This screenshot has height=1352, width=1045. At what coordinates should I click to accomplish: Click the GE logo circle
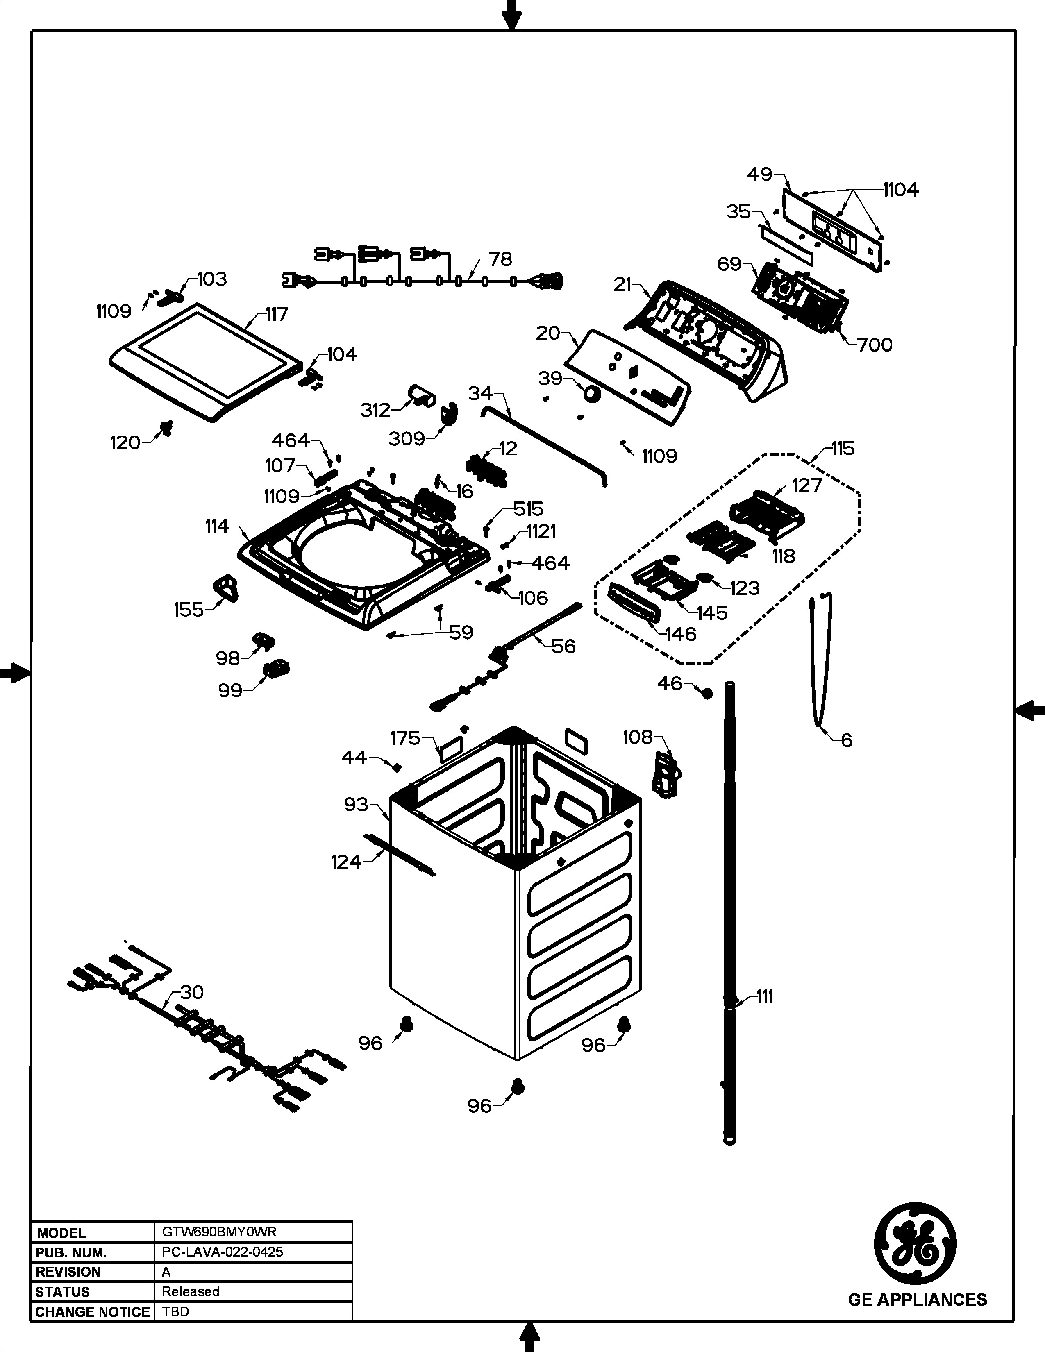click(915, 1244)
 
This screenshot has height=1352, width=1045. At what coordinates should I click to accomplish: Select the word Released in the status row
click(191, 1291)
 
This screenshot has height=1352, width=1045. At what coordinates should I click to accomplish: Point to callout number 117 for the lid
click(277, 315)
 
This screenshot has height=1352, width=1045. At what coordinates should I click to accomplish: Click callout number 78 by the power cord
click(500, 259)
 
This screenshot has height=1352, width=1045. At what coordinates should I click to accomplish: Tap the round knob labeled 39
click(592, 394)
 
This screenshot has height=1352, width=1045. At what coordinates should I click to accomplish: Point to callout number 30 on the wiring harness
click(191, 992)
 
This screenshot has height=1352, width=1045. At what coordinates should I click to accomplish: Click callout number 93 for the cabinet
click(356, 805)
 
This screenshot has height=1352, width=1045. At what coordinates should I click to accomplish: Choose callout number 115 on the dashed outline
click(843, 448)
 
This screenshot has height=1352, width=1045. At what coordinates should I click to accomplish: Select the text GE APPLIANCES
click(917, 1300)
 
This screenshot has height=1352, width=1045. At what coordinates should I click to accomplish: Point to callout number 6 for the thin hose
click(846, 740)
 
